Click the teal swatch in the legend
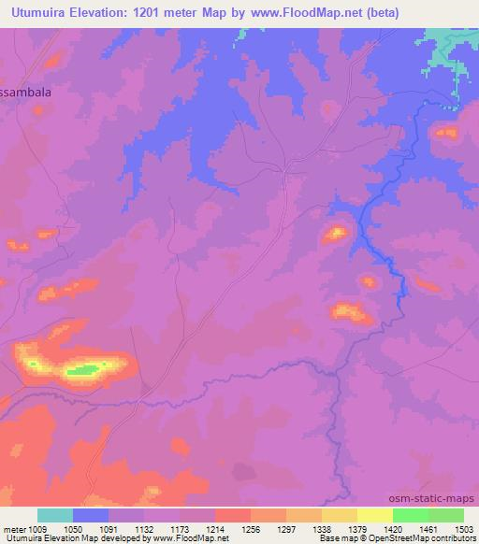[x=54, y=515]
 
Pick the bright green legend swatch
[x=410, y=515]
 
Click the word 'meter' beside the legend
[x=16, y=528]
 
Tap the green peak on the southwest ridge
[x=82, y=371]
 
